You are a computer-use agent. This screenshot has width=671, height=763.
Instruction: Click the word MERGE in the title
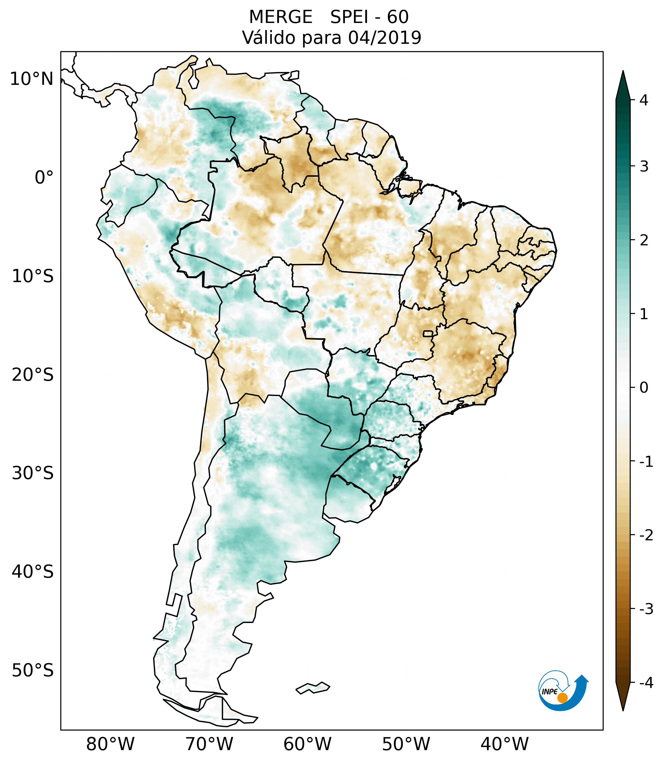[x=280, y=17]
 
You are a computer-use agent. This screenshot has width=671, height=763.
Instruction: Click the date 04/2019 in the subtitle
[x=384, y=38]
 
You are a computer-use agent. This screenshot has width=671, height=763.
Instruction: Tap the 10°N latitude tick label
[x=31, y=79]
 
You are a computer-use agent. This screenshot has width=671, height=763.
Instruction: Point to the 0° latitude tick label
[x=44, y=178]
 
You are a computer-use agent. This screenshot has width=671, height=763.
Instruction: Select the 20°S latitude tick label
[x=32, y=374]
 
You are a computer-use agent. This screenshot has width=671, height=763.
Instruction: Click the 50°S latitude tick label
[x=32, y=670]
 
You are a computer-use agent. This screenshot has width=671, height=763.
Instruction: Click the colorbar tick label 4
[x=644, y=100]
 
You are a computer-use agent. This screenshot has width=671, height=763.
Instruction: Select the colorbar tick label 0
[x=644, y=388]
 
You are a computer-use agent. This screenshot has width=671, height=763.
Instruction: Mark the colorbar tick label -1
[x=646, y=462]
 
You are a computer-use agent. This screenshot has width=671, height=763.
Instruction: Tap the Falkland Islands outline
[x=313, y=688]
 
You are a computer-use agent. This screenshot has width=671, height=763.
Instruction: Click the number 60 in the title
[x=398, y=17]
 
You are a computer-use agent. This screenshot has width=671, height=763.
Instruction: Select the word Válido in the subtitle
[x=269, y=38]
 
